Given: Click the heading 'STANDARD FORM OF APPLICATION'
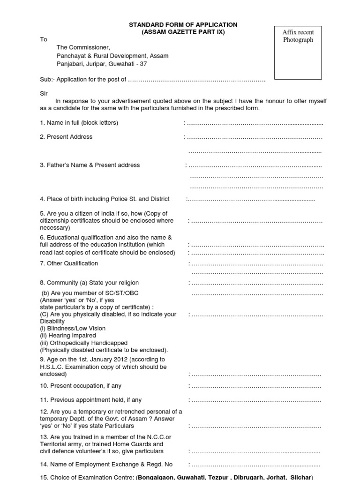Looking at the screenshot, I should (x=184, y=24).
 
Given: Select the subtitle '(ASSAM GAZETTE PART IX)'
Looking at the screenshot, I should (x=184, y=32).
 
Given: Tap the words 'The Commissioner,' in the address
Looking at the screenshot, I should (x=83, y=47).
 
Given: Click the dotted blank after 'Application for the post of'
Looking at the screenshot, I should (x=196, y=80).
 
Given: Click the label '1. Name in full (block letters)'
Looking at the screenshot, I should (x=79, y=123).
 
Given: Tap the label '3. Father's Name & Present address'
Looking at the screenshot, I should (x=90, y=165).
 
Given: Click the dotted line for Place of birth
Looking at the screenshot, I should (x=251, y=199).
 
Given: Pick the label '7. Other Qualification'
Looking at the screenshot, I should (x=69, y=263).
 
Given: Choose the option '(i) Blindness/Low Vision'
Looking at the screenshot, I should (x=73, y=329).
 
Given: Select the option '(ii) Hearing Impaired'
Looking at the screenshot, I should (x=68, y=336).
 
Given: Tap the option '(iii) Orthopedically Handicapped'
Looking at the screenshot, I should (x=83, y=343).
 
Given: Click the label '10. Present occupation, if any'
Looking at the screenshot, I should (x=81, y=386).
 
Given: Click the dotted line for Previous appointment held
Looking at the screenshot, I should (x=255, y=400).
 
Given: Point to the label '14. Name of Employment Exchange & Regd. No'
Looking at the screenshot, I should (x=106, y=465).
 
